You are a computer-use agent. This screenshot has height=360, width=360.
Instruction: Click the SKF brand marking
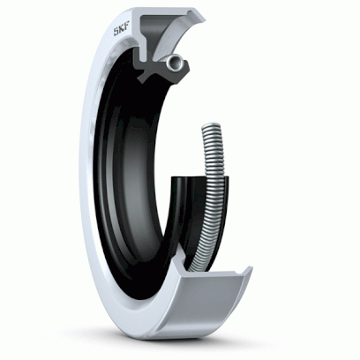click(x=122, y=31)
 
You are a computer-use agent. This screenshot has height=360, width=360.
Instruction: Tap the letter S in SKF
click(x=116, y=32)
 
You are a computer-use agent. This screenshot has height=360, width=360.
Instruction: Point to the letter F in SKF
click(x=127, y=29)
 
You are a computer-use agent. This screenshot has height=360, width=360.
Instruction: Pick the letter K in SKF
click(x=122, y=31)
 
